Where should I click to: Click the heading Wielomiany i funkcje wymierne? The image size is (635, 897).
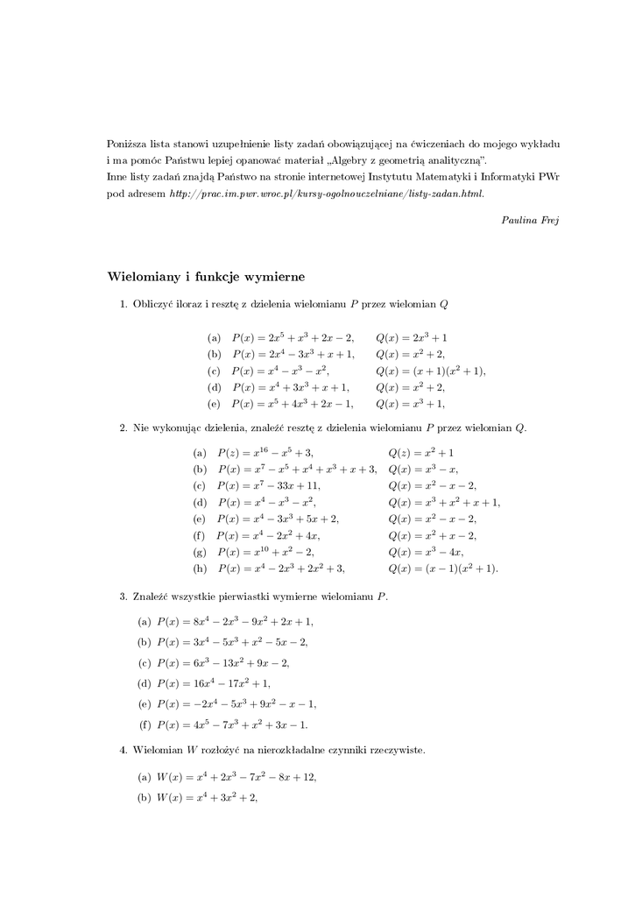pos(206,277)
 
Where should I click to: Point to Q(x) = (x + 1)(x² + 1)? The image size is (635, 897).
pos(430,371)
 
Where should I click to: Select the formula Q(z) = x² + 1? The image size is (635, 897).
pos(420,453)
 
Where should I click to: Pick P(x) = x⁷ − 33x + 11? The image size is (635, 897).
pos(268,485)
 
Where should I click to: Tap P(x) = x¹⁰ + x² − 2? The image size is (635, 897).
pos(265,552)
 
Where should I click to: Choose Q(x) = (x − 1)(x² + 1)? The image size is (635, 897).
pos(442,569)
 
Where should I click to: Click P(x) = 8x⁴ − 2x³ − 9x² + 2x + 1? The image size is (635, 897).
pos(234,621)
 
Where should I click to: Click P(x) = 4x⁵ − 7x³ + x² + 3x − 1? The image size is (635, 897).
pos(232,724)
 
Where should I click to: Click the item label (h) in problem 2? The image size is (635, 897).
pos(200,569)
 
